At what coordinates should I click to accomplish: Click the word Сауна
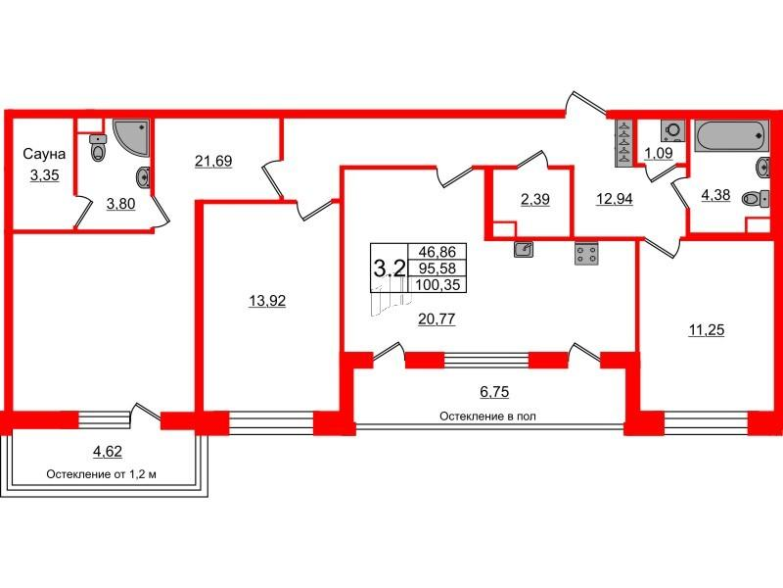(x=44, y=154)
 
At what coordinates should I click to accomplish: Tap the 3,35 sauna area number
(x=44, y=175)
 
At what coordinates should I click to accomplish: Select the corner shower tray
(x=131, y=136)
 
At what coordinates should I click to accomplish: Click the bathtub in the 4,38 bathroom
(x=730, y=135)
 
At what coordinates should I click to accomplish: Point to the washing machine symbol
(x=672, y=131)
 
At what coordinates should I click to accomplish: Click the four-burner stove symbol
(x=586, y=253)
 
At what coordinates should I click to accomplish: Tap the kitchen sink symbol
(x=524, y=249)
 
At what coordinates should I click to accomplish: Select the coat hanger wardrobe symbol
(x=624, y=143)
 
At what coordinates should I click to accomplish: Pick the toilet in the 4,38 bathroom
(x=756, y=200)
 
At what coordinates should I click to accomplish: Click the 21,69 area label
(x=213, y=161)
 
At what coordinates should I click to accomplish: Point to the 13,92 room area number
(x=267, y=301)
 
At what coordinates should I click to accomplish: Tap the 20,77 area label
(x=437, y=318)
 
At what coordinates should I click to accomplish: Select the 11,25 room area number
(x=706, y=330)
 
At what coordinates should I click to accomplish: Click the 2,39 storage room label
(x=534, y=199)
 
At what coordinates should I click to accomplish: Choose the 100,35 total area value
(x=437, y=285)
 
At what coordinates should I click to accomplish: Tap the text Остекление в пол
(x=487, y=416)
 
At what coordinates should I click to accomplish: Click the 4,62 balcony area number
(x=108, y=451)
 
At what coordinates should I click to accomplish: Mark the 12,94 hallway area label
(x=615, y=199)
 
